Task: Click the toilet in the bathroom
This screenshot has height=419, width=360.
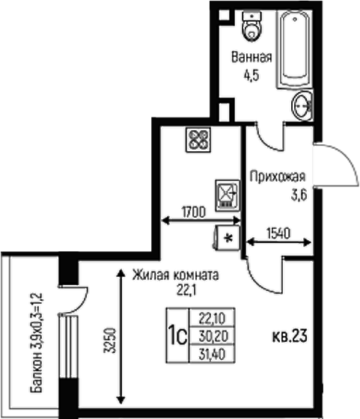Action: [x=251, y=26]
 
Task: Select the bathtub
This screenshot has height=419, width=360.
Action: [x=294, y=49]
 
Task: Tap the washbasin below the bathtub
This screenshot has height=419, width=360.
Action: [x=302, y=105]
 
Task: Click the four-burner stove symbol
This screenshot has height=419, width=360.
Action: [x=198, y=140]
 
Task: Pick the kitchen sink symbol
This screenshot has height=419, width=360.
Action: [x=228, y=195]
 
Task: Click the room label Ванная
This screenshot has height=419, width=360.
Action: [x=251, y=57]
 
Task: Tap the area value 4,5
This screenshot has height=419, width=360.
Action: [x=251, y=76]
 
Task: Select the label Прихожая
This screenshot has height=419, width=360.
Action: [x=277, y=177]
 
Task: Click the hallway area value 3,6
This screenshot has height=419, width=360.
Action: [x=299, y=195]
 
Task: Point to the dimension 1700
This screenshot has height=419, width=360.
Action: [x=194, y=212]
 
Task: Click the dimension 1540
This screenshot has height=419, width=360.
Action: [x=278, y=233]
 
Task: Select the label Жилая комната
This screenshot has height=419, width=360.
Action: [x=176, y=275]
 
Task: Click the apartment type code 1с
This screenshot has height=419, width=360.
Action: [x=177, y=336]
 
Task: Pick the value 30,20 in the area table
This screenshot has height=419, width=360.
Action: [x=213, y=336]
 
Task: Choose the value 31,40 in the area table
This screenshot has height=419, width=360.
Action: [x=213, y=355]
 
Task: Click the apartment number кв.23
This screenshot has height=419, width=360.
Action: [x=290, y=336]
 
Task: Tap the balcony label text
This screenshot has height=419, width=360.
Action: [x=36, y=343]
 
